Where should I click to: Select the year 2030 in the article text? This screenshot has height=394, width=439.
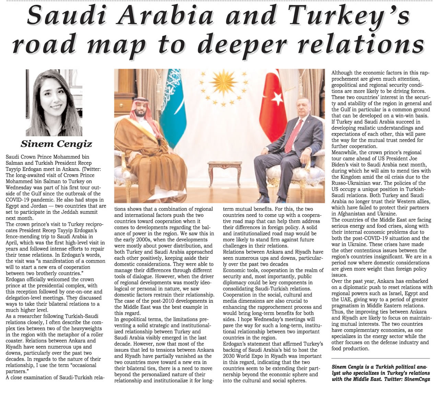pos(230,356)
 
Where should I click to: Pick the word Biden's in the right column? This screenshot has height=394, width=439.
pos(342,165)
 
